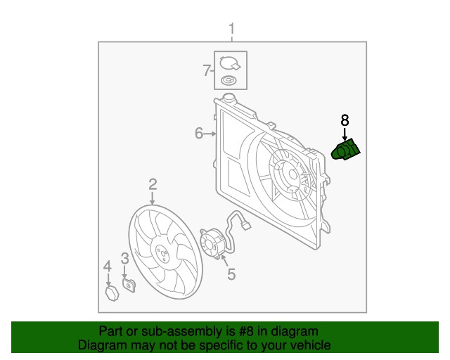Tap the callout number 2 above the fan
click(153, 185)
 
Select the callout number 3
click(124, 259)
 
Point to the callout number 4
click(108, 266)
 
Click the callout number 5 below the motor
click(231, 274)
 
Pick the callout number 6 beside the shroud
click(199, 132)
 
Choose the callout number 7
click(207, 70)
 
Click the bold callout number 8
click(345, 120)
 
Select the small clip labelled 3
click(128, 285)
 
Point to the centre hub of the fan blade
click(160, 252)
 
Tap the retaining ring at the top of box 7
click(230, 63)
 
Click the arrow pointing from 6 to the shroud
click(211, 132)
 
